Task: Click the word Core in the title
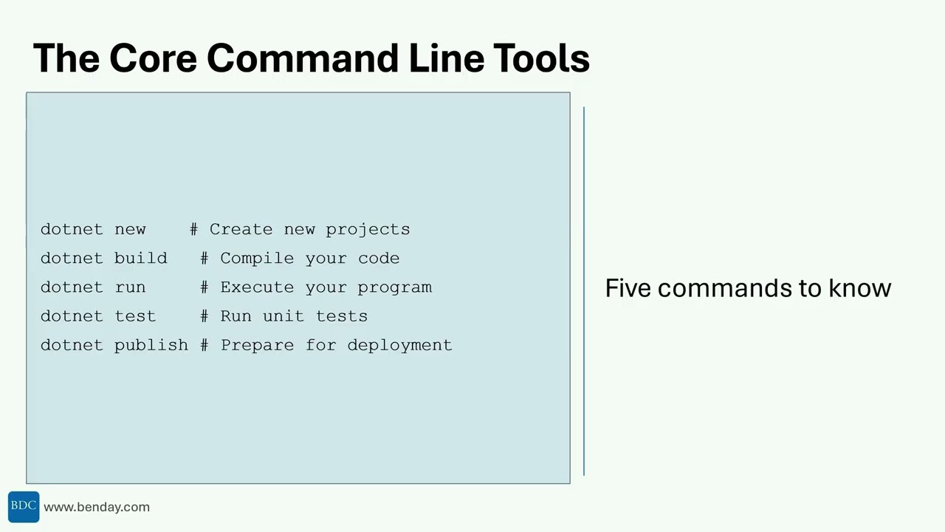pyautogui.click(x=152, y=58)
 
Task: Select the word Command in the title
pyautogui.click(x=302, y=58)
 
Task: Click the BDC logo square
pyautogui.click(x=24, y=507)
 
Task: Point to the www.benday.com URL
pyautogui.click(x=97, y=507)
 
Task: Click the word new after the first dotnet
pyautogui.click(x=130, y=229)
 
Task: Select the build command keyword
pyautogui.click(x=140, y=258)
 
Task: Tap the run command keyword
pyautogui.click(x=130, y=287)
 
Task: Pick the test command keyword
pyautogui.click(x=135, y=316)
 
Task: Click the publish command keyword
pyautogui.click(x=151, y=345)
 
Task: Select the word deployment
pyautogui.click(x=399, y=345)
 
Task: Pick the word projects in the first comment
pyautogui.click(x=368, y=229)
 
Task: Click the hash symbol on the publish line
pyautogui.click(x=205, y=345)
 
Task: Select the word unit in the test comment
pyautogui.click(x=283, y=316)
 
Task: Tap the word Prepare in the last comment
pyautogui.click(x=257, y=345)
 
